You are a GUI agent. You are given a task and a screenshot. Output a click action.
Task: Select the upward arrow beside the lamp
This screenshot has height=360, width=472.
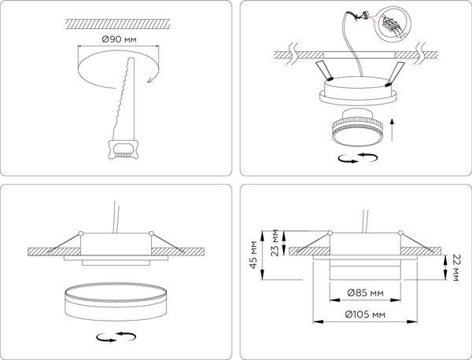(x=392, y=126)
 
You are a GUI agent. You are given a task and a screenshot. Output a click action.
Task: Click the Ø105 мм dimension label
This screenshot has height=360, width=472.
(x=365, y=317)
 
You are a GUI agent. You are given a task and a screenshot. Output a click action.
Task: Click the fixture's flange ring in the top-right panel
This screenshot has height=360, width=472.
(x=357, y=96)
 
